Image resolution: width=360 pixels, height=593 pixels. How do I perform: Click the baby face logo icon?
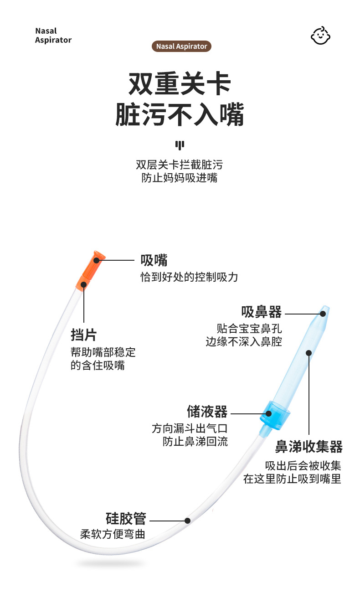(321, 35)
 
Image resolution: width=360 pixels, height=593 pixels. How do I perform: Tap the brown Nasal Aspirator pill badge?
(181, 46)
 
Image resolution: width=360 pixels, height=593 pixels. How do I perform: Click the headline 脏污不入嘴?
(180, 114)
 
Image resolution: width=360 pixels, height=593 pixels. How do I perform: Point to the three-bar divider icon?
(180, 145)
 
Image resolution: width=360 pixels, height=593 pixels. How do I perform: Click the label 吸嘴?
(154, 260)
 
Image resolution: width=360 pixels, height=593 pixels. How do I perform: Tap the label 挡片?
(83, 335)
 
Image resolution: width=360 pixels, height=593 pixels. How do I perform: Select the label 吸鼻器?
(262, 312)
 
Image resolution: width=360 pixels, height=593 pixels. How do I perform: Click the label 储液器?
(207, 412)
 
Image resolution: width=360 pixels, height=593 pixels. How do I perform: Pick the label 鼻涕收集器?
(309, 446)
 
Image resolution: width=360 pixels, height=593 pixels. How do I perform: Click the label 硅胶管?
(126, 519)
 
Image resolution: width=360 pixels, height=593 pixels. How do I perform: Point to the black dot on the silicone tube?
(187, 521)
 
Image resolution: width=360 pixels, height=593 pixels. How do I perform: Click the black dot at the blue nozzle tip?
(323, 313)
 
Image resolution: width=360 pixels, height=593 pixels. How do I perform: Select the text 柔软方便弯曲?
(113, 534)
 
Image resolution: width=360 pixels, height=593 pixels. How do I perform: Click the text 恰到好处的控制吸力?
(189, 277)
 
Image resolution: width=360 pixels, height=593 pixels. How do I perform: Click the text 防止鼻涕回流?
(195, 441)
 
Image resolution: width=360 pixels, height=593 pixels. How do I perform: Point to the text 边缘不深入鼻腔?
(244, 341)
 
